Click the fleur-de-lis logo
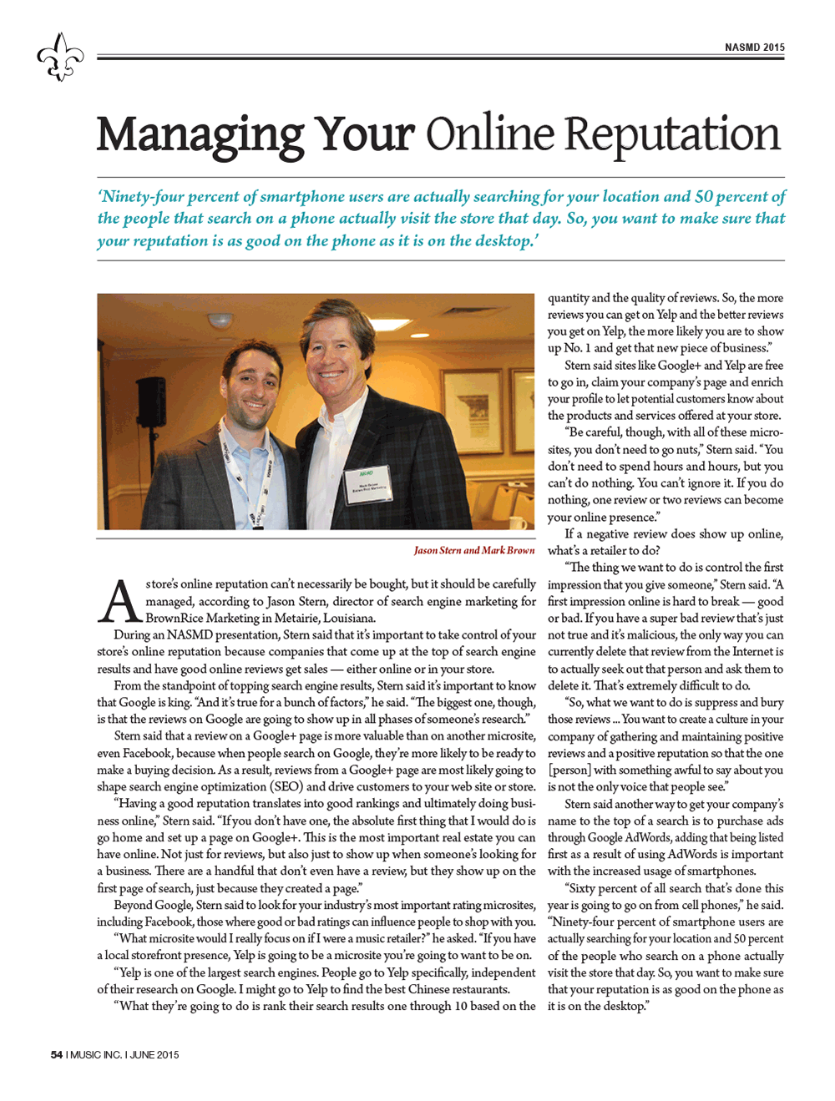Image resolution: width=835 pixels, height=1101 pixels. pyautogui.click(x=60, y=57)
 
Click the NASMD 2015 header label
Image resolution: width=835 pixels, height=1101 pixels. pyautogui.click(x=754, y=48)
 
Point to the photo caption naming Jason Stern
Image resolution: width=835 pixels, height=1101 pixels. pyautogui.click(x=473, y=550)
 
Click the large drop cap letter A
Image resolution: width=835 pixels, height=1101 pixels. pyautogui.click(x=120, y=602)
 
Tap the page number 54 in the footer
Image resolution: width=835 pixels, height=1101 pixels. pyautogui.click(x=57, y=1054)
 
